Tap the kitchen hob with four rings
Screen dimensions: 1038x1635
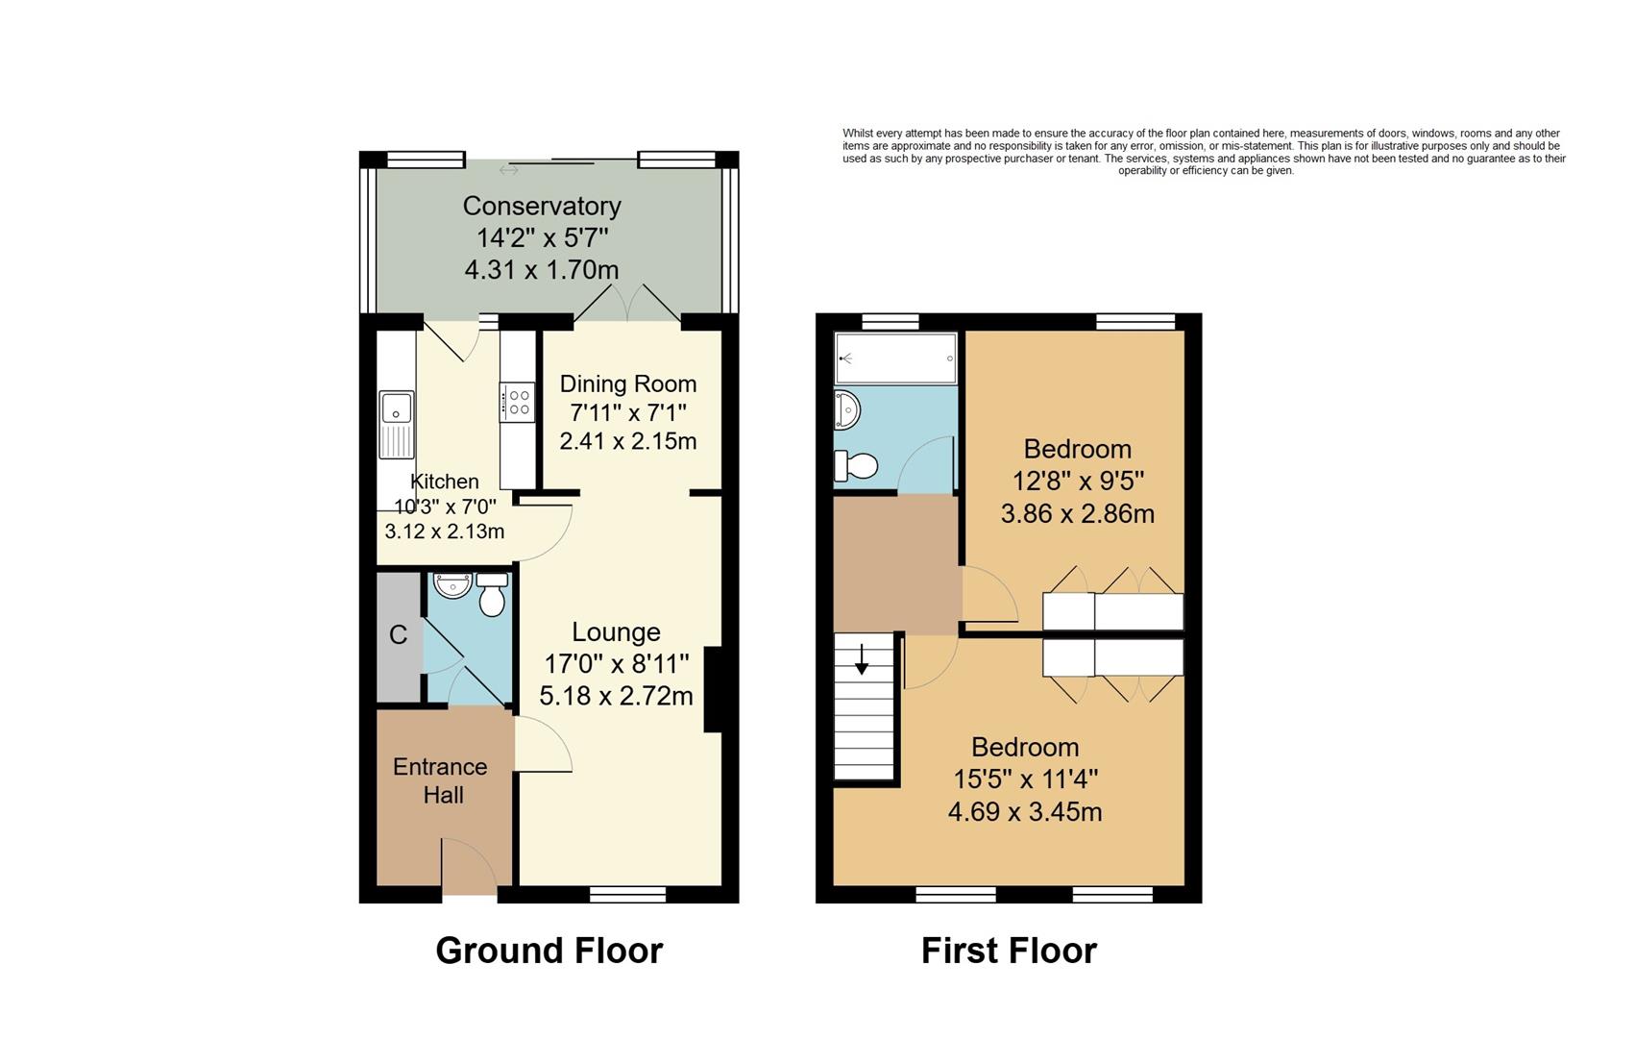517,401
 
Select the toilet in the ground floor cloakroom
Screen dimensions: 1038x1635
492,596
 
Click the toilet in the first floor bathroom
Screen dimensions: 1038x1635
856,466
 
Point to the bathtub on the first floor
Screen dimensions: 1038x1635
895,358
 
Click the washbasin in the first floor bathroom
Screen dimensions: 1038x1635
847,410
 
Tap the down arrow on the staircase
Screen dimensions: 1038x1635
862,659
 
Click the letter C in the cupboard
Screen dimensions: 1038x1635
398,635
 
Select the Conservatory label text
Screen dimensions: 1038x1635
542,206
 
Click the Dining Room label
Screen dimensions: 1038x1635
628,383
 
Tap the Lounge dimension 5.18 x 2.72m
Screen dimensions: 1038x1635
616,696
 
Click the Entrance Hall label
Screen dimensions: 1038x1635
441,780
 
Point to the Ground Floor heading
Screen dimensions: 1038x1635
549,951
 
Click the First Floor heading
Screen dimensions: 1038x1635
1009,951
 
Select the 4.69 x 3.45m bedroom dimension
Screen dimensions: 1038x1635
1024,812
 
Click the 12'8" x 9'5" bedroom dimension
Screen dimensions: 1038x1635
1078,481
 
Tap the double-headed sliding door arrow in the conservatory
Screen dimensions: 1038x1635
509,170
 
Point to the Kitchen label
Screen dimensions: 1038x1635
444,482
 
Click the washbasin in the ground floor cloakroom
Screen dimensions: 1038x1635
451,584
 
